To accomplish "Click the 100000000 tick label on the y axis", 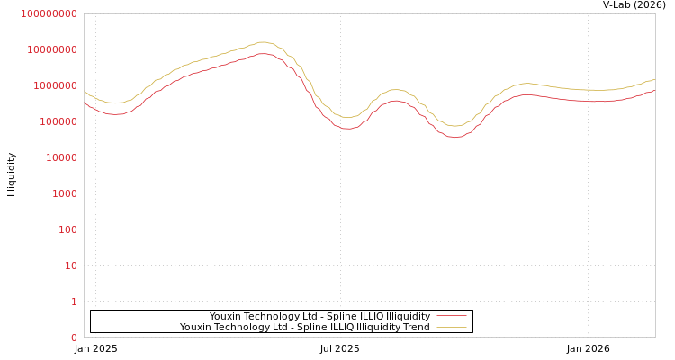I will coord(49,13).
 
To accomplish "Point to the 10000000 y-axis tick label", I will coord(51,49).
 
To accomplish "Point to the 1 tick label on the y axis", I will coord(74,301).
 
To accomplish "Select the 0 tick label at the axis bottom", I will coord(74,337).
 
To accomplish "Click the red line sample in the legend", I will coord(451,316).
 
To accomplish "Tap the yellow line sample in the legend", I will coord(451,327).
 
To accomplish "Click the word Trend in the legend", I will coord(416,327).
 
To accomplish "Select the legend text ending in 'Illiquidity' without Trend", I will coord(319,316).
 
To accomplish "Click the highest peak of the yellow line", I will coord(262,42).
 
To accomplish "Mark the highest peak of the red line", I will coord(262,53).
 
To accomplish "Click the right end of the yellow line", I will coord(654,79).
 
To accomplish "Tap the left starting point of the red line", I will coord(85,102).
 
